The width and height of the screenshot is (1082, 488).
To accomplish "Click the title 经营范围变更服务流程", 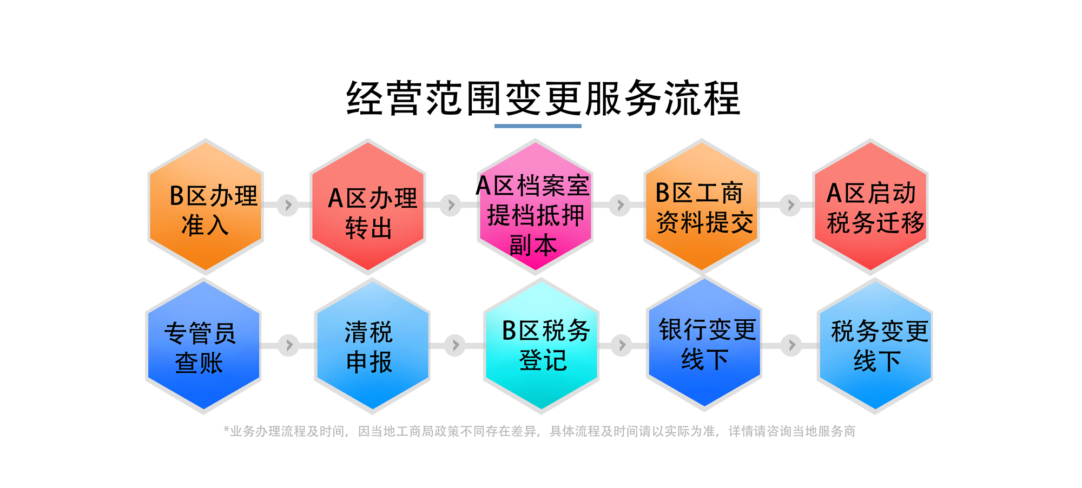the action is pyautogui.click(x=543, y=98).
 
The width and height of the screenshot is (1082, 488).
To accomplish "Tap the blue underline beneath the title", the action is pyautogui.click(x=538, y=126).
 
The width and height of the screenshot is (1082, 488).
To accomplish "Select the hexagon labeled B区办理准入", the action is pyautogui.click(x=206, y=206).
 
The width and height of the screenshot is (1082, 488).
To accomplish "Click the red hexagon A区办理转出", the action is pyautogui.click(x=368, y=206).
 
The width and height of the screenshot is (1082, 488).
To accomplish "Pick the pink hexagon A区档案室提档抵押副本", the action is pyautogui.click(x=535, y=206).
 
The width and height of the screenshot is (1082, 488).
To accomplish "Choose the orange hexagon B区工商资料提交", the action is pyautogui.click(x=702, y=206).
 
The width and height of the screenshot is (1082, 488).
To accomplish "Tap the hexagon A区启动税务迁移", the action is pyautogui.click(x=870, y=206).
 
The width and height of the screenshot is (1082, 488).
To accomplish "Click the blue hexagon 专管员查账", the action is pyautogui.click(x=203, y=346).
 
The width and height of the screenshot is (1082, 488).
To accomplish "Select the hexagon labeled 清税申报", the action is pyautogui.click(x=372, y=346).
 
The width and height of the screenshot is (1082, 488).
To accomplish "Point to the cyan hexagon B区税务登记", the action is pyautogui.click(x=541, y=346).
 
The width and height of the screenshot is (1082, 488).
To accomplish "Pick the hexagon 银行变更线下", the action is pyautogui.click(x=704, y=344).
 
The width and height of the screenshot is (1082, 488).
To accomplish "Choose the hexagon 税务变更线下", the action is pyautogui.click(x=875, y=346).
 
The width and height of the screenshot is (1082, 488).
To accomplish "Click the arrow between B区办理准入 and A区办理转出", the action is pyautogui.click(x=288, y=205).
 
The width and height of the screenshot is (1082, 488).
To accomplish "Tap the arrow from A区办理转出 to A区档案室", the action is pyautogui.click(x=451, y=205).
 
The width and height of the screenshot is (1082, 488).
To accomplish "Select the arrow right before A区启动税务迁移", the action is pyautogui.click(x=790, y=205).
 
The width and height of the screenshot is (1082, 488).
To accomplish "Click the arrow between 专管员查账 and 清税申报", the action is pyautogui.click(x=289, y=345).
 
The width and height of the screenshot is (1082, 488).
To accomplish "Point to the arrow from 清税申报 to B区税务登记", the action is pyautogui.click(x=455, y=345).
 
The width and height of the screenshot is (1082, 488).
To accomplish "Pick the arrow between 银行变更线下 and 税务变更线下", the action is pyautogui.click(x=791, y=345).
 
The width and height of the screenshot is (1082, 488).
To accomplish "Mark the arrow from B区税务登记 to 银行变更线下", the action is pyautogui.click(x=622, y=345).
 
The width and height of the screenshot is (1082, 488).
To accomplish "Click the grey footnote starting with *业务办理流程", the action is pyautogui.click(x=539, y=431).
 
